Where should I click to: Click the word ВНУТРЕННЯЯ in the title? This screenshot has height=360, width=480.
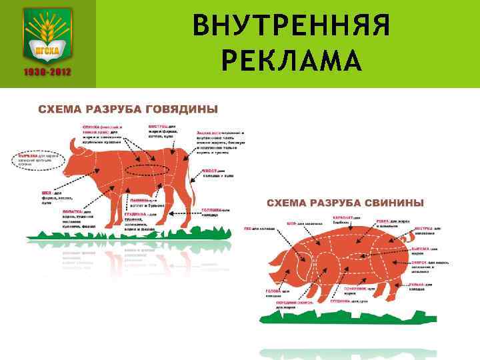(x=290, y=28)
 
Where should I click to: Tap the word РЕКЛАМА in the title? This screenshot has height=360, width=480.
(x=291, y=62)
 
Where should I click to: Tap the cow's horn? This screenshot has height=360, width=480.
(x=73, y=145)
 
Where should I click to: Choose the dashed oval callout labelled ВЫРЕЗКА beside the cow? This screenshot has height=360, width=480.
(x=39, y=159)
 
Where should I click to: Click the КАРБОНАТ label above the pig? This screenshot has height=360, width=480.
(x=347, y=217)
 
